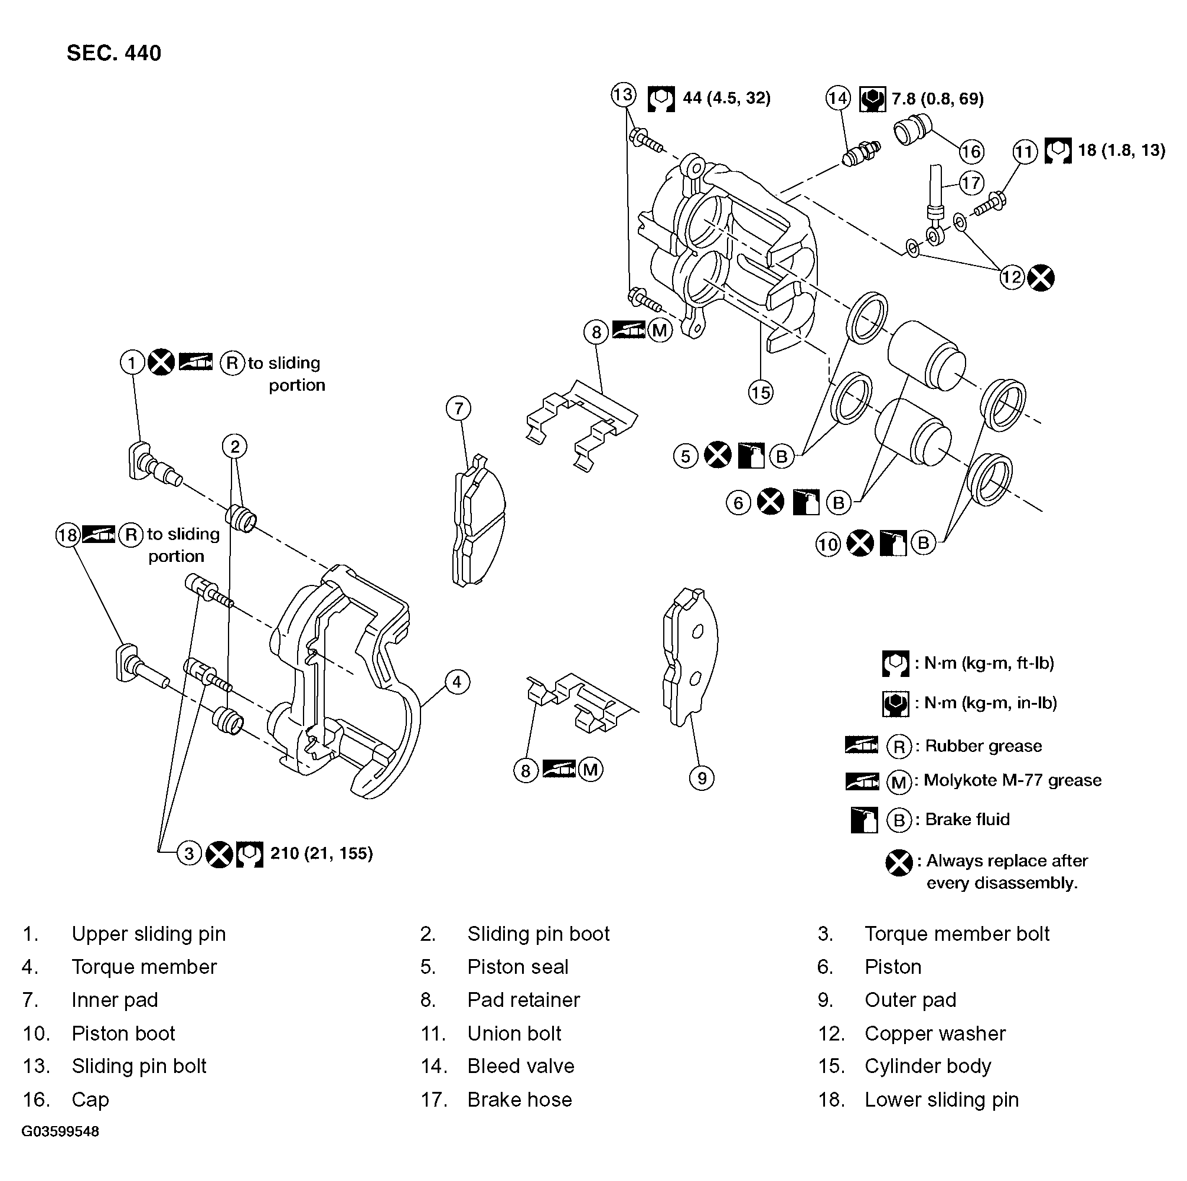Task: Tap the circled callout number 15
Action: pyautogui.click(x=760, y=392)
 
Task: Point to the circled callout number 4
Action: pyautogui.click(x=456, y=682)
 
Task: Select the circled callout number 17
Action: pyautogui.click(x=971, y=183)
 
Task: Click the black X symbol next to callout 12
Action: pyautogui.click(x=1041, y=277)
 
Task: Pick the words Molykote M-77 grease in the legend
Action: pyautogui.click(x=1013, y=781)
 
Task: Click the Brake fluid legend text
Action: pyautogui.click(x=967, y=820)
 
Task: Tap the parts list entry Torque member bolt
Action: pyautogui.click(x=957, y=934)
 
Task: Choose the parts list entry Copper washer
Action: pyautogui.click(x=934, y=1033)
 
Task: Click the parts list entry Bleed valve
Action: pyautogui.click(x=520, y=1066)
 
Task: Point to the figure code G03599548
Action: pyautogui.click(x=60, y=1131)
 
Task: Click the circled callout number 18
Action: pyautogui.click(x=67, y=535)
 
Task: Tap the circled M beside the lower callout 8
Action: pyautogui.click(x=591, y=770)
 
